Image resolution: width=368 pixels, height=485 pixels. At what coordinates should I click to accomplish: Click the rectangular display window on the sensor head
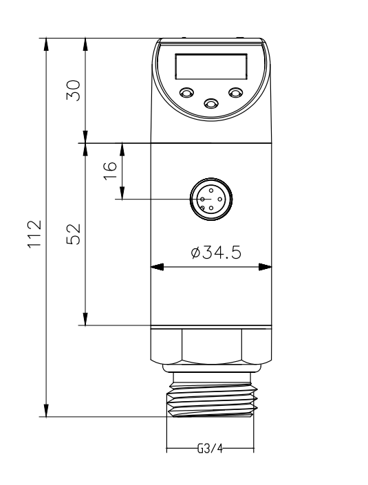click(210, 67)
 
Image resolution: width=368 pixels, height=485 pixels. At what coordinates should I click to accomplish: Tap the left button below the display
click(186, 92)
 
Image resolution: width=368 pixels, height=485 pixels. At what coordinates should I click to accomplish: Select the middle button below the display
click(210, 103)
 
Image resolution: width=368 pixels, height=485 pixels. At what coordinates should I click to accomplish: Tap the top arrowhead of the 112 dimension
click(46, 43)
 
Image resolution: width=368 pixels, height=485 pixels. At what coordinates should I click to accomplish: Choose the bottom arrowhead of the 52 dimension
click(85, 320)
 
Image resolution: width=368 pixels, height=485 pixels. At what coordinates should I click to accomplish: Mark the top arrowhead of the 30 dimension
click(85, 43)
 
